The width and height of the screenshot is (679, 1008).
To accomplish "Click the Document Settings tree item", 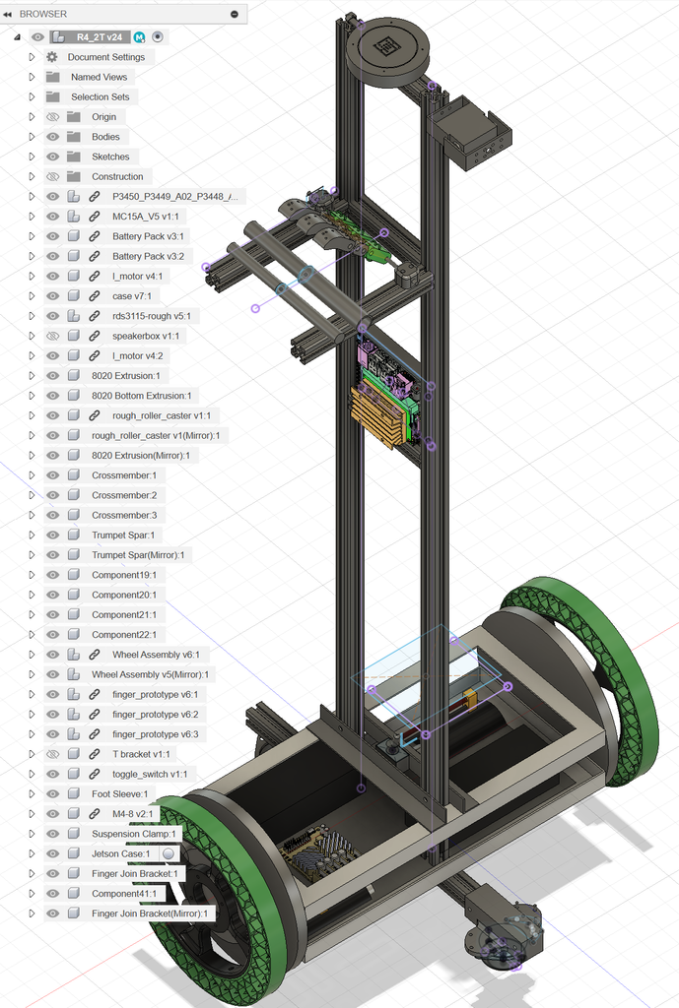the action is click(106, 57).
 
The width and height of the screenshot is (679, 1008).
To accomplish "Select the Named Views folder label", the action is click(100, 77).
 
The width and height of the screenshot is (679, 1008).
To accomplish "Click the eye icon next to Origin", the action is click(53, 117).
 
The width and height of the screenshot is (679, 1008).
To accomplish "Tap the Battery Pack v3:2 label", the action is click(148, 257).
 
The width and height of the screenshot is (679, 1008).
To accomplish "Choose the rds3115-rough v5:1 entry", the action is click(151, 316).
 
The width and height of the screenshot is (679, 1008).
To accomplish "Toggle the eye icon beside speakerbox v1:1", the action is click(53, 337).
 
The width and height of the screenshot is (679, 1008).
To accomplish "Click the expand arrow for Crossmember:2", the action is click(32, 496).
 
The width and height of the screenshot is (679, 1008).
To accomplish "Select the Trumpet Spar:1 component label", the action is click(123, 535).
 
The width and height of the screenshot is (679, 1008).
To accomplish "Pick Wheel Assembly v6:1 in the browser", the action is click(156, 655).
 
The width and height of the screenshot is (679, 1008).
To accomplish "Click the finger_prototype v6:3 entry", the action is click(155, 734).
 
